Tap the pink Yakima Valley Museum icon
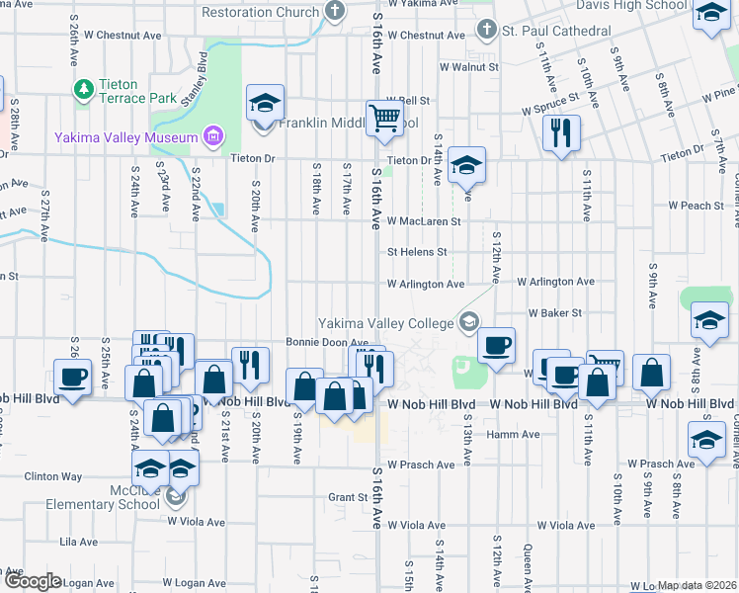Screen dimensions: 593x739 pyautogui.click(x=211, y=135)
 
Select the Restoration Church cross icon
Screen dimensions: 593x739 pyautogui.click(x=335, y=12)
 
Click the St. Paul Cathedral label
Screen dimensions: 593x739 pyautogui.click(x=555, y=31)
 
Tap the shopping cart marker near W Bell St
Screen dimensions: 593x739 pyautogui.click(x=384, y=119)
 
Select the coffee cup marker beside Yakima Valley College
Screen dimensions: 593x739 pyautogui.click(x=496, y=345)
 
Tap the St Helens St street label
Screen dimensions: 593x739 pyautogui.click(x=417, y=252)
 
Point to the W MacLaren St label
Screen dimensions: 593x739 pyautogui.click(x=424, y=221)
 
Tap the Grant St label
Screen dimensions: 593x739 pyautogui.click(x=348, y=497)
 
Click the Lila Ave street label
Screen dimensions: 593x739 pyautogui.click(x=79, y=542)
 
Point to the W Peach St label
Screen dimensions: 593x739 pyautogui.click(x=696, y=206)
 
